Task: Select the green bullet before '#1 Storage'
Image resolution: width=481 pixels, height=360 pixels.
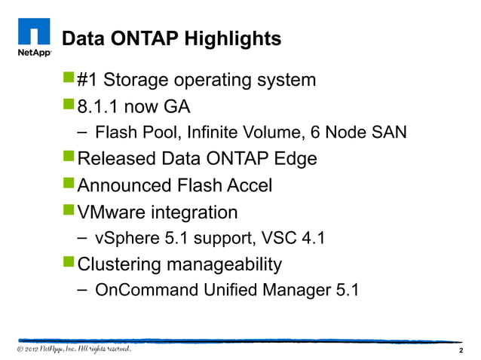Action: coord(68,78)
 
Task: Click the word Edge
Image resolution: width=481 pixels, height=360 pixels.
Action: coord(291,160)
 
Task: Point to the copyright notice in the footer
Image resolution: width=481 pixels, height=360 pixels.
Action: coord(75,349)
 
